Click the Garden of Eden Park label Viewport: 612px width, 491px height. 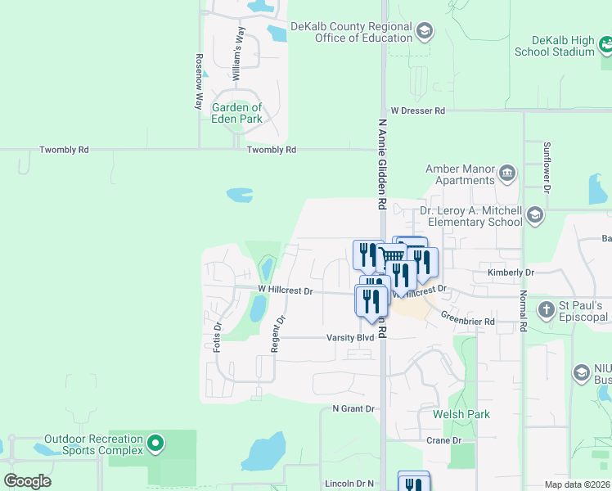pyautogui.click(x=237, y=113)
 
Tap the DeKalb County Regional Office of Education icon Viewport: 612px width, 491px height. pyautogui.click(x=424, y=32)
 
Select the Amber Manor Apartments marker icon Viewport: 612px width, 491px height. pyautogui.click(x=507, y=173)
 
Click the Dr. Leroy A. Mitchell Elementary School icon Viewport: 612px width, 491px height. pyautogui.click(x=535, y=215)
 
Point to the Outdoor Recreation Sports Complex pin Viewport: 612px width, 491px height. pyautogui.click(x=155, y=445)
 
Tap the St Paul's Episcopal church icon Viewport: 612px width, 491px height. pyautogui.click(x=547, y=310)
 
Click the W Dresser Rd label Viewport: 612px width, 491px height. pyautogui.click(x=417, y=110)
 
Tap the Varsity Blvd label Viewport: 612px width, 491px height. pyautogui.click(x=350, y=337)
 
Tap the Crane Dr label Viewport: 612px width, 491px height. pyautogui.click(x=444, y=440)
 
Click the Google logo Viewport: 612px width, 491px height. pyautogui.click(x=27, y=481)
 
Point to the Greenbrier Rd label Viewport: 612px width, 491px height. pyautogui.click(x=468, y=322)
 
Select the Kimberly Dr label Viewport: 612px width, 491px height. pyautogui.click(x=511, y=273)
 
